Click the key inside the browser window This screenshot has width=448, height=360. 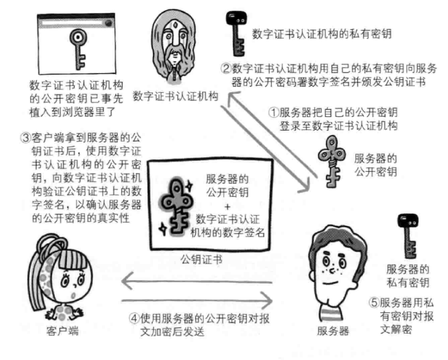78,49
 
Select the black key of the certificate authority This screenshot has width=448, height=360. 236,33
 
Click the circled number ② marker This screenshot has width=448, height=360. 226,69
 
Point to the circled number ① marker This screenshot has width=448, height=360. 273,112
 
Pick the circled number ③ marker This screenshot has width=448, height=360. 26,138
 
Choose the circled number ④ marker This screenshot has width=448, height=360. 134,318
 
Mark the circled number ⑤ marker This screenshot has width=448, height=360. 374,302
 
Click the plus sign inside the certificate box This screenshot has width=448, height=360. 228,206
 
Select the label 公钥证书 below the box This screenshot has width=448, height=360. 202,259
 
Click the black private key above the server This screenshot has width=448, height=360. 407,236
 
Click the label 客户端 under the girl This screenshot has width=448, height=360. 62,331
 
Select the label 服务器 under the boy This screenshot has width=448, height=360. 333,331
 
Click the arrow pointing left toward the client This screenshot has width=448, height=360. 196,281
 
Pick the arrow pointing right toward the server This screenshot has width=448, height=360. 196,301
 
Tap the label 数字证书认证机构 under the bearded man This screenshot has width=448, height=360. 175,96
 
